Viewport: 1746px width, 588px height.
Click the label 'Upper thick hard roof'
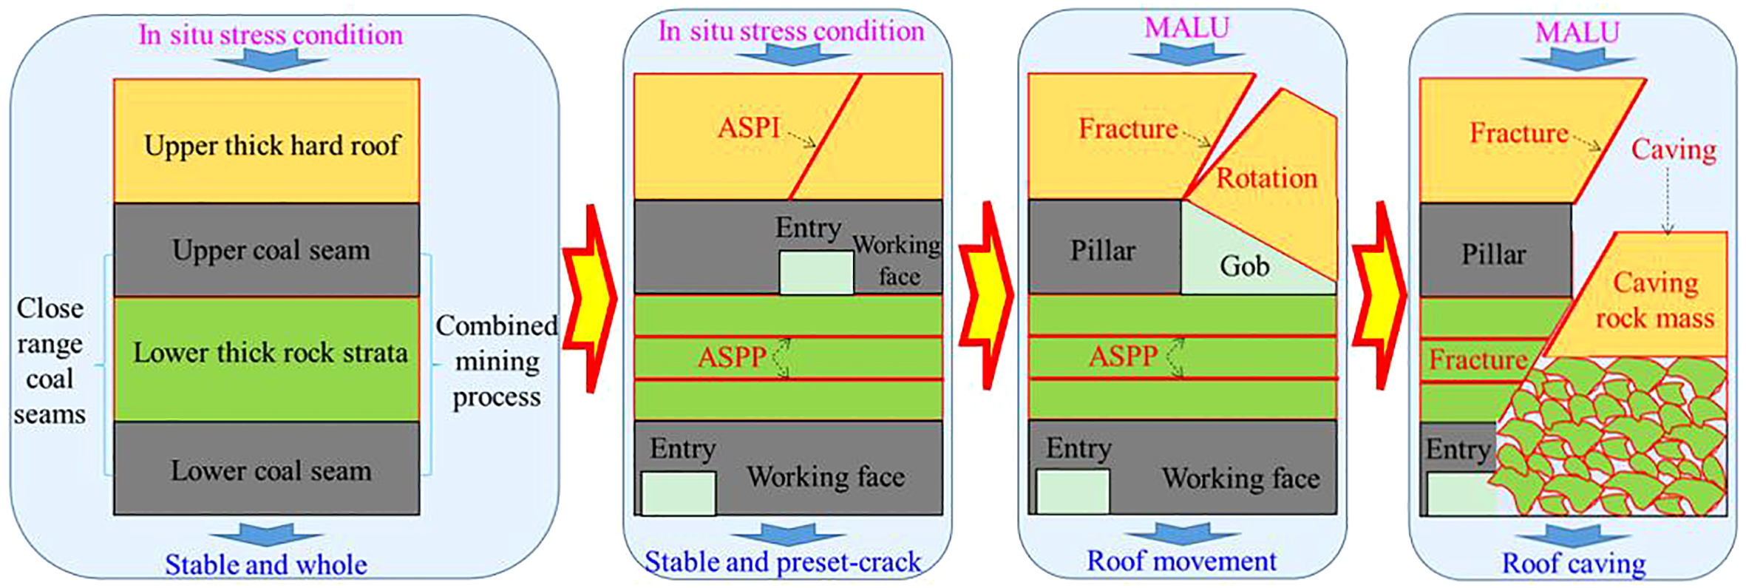tap(272, 146)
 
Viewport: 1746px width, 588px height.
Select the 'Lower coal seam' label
tap(271, 470)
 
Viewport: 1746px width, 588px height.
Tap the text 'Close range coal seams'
tap(50, 361)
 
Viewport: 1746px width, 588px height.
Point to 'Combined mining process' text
tap(496, 361)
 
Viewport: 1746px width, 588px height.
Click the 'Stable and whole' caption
tap(265, 565)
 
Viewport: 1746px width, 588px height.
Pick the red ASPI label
tap(748, 128)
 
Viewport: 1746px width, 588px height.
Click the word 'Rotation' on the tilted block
tap(1266, 178)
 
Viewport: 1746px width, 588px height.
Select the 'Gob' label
tap(1245, 266)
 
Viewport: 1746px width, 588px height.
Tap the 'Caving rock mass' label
tap(1654, 300)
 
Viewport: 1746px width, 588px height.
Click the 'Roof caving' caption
tap(1574, 564)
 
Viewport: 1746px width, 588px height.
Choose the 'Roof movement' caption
tap(1181, 561)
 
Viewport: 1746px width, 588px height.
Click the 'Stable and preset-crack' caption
tap(783, 562)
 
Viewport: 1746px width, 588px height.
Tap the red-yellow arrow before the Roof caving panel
tap(1379, 296)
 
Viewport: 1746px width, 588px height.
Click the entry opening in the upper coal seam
tap(816, 272)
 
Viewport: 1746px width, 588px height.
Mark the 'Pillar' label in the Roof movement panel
tap(1102, 251)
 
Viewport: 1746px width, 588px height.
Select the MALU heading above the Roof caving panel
tap(1577, 33)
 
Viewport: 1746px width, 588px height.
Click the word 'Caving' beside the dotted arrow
tap(1674, 149)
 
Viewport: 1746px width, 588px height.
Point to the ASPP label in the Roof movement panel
tap(1122, 356)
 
